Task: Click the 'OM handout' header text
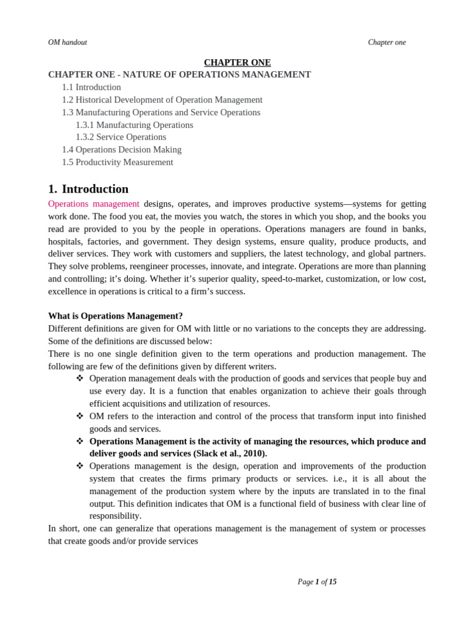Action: pos(68,43)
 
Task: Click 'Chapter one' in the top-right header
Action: pos(386,43)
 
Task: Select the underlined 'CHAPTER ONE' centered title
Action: pos(237,62)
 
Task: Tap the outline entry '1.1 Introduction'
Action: pos(91,87)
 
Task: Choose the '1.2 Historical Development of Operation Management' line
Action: pos(162,100)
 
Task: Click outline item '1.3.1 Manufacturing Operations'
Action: pos(134,125)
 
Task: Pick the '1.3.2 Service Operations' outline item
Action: pos(121,137)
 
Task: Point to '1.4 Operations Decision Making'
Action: pos(121,149)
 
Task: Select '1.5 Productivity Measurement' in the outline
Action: pos(117,162)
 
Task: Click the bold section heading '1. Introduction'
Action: pos(88,189)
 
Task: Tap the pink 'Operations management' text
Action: pos(93,204)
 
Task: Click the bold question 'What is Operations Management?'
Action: pos(115,316)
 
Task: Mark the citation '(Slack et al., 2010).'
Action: pos(230,453)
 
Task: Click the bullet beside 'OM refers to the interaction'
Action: pos(80,416)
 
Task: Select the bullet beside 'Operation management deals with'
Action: pos(80,378)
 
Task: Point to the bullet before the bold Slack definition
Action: pos(80,441)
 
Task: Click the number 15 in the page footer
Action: pos(333,582)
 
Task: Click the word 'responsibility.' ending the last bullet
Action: pos(115,516)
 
